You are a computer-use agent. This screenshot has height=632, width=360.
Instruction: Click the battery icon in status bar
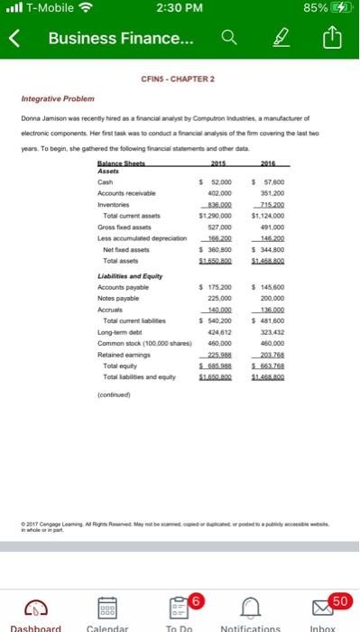339,11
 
